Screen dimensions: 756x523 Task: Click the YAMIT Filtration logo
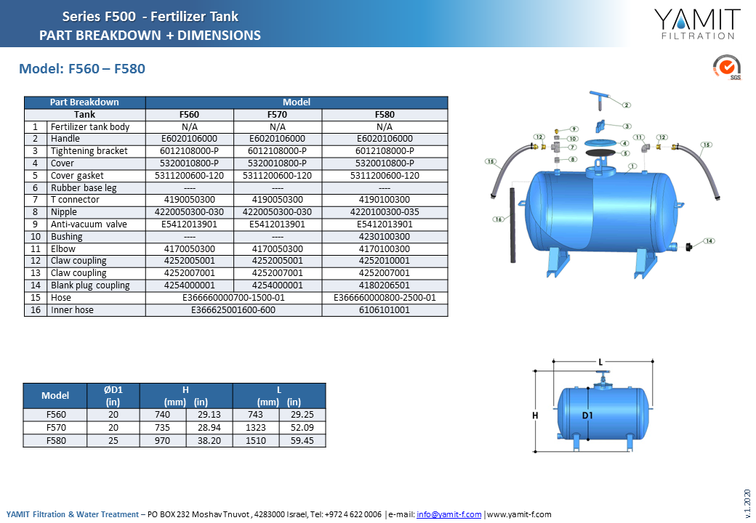(x=696, y=24)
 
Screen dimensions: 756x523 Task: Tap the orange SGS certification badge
(x=727, y=67)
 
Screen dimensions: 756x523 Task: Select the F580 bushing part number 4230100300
(x=385, y=237)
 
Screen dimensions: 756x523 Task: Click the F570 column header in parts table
(x=277, y=115)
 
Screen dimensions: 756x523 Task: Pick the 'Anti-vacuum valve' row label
(x=89, y=224)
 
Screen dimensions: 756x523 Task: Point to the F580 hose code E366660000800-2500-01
(x=385, y=298)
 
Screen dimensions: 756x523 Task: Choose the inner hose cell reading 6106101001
(x=385, y=310)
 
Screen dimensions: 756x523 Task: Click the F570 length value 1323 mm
(x=256, y=428)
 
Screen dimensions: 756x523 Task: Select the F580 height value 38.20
(x=209, y=441)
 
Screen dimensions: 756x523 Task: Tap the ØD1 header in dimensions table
(x=113, y=389)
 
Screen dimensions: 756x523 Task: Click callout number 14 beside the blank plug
(x=709, y=240)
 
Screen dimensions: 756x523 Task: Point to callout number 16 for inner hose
(x=498, y=219)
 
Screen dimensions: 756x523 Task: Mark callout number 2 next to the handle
(x=627, y=105)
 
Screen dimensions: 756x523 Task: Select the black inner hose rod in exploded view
(x=512, y=225)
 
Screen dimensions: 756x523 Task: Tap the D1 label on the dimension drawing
(x=587, y=415)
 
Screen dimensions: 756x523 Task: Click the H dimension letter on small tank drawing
(x=535, y=415)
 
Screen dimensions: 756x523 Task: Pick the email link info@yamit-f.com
(x=449, y=514)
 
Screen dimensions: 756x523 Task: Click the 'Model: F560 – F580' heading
(x=82, y=69)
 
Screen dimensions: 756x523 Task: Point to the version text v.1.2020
(x=747, y=503)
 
